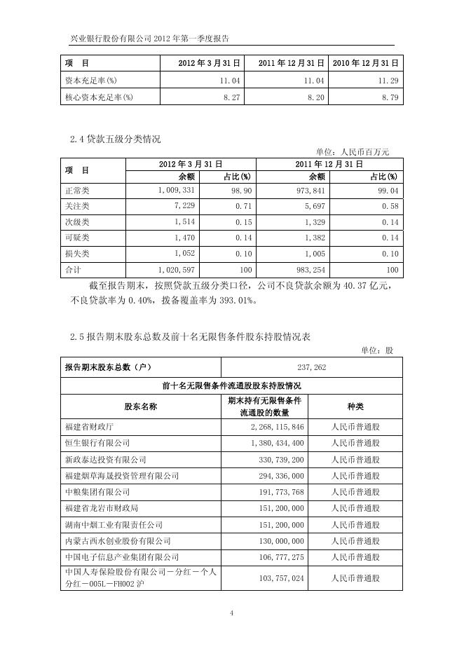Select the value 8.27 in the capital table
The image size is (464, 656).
[x=232, y=98]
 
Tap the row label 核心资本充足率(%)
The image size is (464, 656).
[x=98, y=98]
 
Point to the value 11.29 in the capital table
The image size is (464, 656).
[x=388, y=81]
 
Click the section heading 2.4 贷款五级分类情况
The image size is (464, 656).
[x=115, y=139]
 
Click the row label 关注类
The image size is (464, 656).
[x=77, y=206]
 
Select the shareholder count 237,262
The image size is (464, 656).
[x=311, y=367]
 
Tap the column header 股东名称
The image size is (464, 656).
[x=140, y=406]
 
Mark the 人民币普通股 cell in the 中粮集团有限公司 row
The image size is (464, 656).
[x=355, y=492]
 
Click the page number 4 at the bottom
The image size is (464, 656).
[x=231, y=614]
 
